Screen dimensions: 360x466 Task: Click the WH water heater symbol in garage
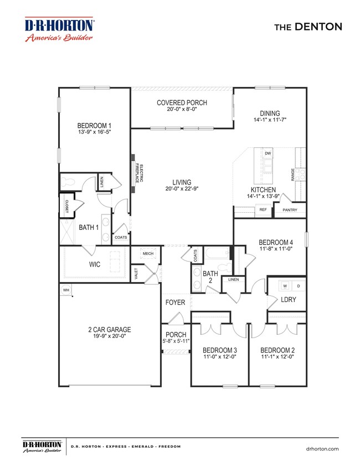(66, 290)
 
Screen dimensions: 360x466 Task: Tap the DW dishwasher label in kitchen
(268, 153)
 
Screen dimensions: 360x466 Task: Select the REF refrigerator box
(263, 210)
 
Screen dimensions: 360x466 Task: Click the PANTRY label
(290, 210)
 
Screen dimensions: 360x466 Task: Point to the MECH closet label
(148, 254)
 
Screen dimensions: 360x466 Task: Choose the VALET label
(136, 273)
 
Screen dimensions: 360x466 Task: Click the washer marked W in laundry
(285, 286)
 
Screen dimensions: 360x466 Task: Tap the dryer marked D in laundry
(299, 286)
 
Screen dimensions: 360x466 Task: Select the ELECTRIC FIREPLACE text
(140, 173)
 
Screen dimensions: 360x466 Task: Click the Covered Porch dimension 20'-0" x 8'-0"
(182, 109)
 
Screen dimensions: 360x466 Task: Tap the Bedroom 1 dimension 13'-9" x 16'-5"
(95, 132)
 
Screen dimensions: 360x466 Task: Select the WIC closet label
(95, 264)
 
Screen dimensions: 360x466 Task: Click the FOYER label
(175, 302)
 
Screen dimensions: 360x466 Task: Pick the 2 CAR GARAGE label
(110, 329)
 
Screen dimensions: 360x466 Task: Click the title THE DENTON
(308, 27)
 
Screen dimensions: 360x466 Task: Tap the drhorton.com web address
(322, 449)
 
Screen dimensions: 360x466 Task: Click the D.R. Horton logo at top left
(59, 29)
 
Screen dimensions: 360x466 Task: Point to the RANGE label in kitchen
(293, 175)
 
